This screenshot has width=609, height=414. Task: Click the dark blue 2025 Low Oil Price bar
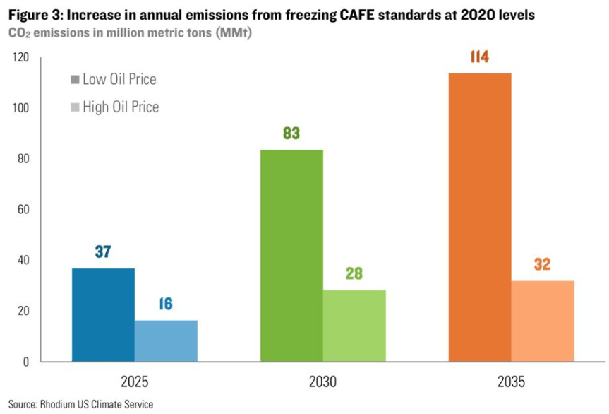coord(103,315)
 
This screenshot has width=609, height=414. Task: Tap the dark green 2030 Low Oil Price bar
coord(291,256)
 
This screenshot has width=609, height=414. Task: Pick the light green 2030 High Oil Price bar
coord(354,326)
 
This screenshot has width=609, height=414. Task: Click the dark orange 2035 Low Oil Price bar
coord(480,218)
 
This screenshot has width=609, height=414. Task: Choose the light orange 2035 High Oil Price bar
coord(543,321)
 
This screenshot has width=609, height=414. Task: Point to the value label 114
coord(480,57)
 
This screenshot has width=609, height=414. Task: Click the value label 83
coord(291,133)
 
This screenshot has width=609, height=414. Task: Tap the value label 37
coord(103,252)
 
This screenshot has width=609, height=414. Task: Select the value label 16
coord(167,304)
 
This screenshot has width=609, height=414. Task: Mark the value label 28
coord(354,273)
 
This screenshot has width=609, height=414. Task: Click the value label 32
coord(543,264)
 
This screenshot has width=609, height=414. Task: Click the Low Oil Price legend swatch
coord(75,80)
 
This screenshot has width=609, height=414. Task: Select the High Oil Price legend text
coord(121,107)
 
